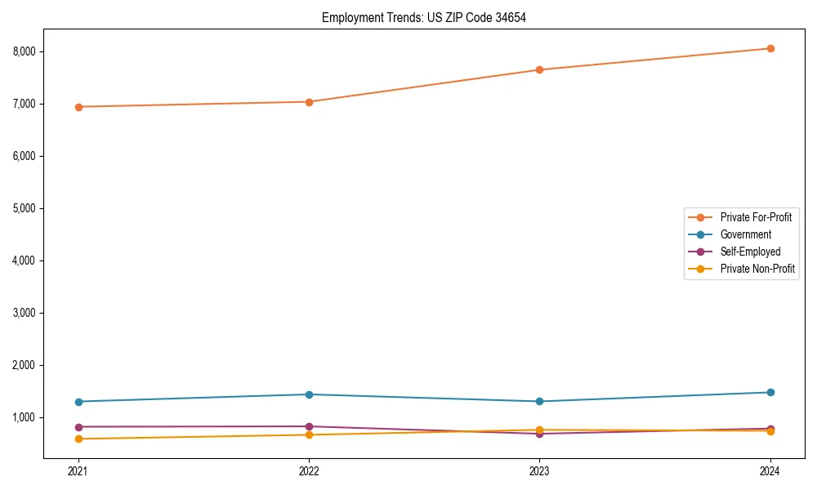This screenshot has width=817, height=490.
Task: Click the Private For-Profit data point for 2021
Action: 78,107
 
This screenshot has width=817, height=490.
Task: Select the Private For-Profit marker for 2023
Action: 540,69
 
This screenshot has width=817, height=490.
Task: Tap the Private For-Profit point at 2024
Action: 770,48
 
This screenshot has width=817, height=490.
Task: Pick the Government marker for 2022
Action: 309,394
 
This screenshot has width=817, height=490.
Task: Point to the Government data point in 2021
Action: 78,402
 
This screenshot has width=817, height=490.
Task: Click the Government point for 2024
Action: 770,392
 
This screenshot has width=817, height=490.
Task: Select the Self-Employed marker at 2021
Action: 78,426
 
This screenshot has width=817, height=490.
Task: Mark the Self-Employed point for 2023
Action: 540,434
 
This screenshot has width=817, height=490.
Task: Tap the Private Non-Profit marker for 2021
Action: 78,439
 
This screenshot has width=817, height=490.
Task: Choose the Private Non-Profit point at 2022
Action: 309,434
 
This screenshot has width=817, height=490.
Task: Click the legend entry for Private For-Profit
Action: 755,217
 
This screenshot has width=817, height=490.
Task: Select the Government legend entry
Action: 745,234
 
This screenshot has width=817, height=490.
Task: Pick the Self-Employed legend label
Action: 750,252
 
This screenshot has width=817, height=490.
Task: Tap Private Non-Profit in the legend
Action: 757,269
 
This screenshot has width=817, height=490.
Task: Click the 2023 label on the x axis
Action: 540,471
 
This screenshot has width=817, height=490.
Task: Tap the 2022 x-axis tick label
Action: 309,471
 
